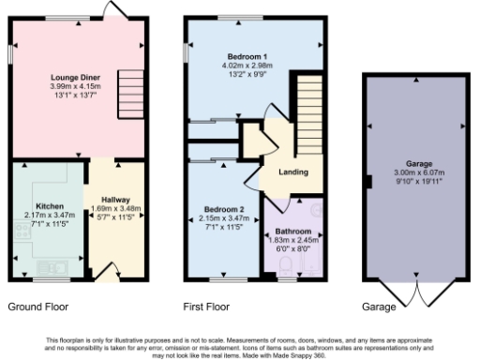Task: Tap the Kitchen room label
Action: (49, 205)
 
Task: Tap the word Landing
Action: (293, 172)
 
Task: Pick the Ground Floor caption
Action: (38, 307)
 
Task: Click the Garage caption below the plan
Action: (379, 307)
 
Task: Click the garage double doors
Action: (418, 295)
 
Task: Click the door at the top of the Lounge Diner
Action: (120, 9)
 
